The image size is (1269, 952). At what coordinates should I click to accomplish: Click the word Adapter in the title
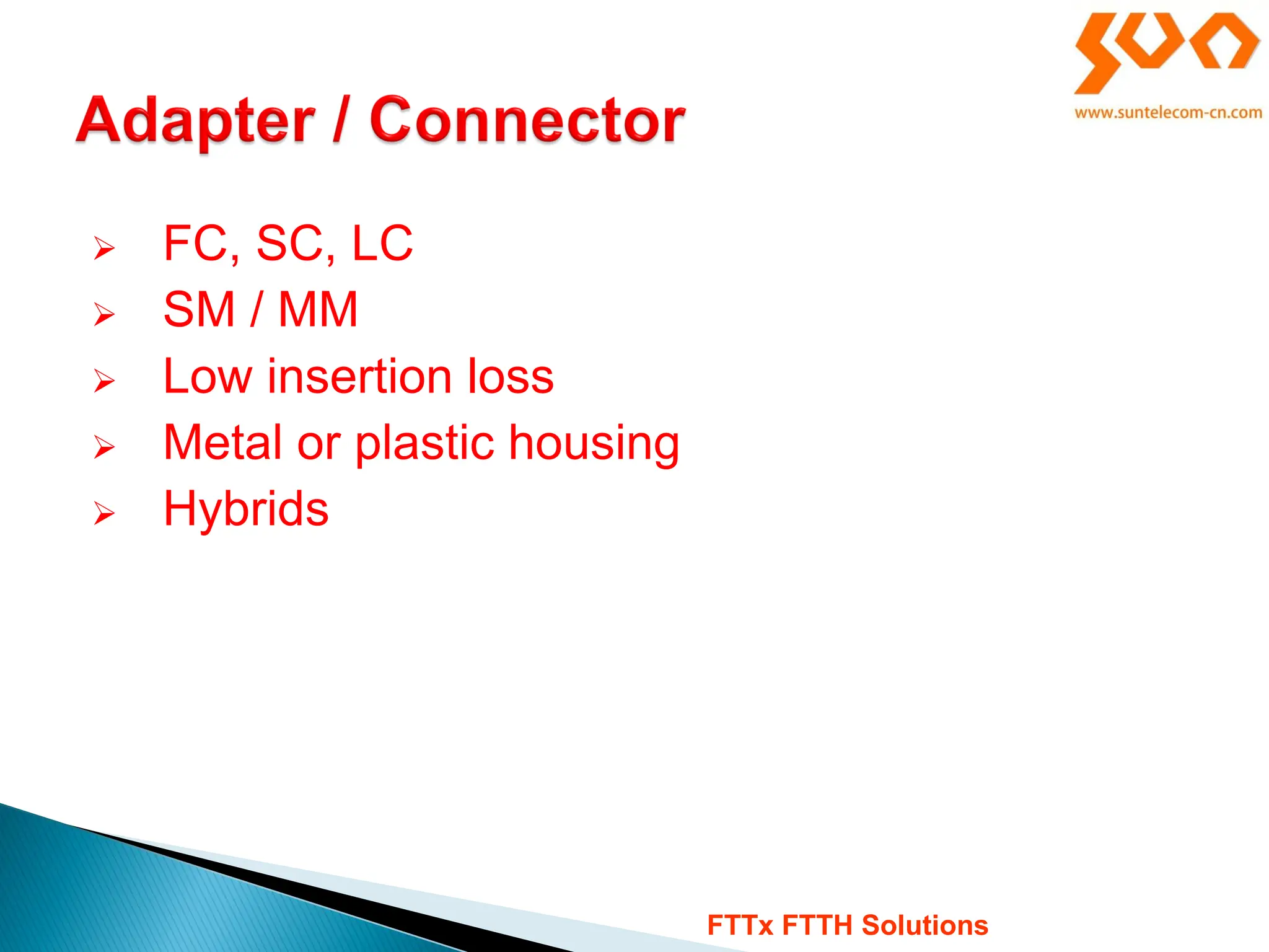[x=195, y=121]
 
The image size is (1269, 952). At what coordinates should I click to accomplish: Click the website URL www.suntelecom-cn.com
[x=1168, y=113]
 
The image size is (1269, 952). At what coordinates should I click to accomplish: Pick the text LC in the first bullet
[x=382, y=244]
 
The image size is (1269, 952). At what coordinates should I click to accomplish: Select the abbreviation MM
[x=318, y=309]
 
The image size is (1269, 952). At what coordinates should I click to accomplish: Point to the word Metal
[x=222, y=443]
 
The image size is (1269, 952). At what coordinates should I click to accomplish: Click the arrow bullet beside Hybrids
[x=104, y=513]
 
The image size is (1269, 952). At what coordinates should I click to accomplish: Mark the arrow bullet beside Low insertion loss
[x=104, y=380]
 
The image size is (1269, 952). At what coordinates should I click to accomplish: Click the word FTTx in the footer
[x=740, y=925]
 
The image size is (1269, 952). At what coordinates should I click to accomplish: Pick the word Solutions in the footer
[x=924, y=925]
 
